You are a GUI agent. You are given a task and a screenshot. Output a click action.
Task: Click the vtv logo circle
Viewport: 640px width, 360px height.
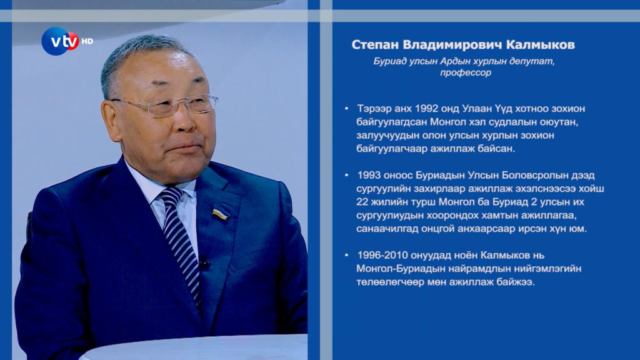[x=60, y=41]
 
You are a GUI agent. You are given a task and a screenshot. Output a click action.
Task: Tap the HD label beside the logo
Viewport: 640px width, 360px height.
[x=87, y=41]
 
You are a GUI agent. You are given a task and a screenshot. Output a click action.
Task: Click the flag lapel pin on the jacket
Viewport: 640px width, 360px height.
[x=221, y=213]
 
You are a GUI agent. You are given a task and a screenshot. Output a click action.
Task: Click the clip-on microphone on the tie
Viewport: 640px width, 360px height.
[x=204, y=262]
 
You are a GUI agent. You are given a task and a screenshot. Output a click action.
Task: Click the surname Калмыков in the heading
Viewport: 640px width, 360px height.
[x=541, y=44]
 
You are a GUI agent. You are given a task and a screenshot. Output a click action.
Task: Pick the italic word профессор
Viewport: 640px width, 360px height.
[x=465, y=72]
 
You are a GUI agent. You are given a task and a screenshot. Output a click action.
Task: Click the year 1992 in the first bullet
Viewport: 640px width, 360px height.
[x=426, y=109]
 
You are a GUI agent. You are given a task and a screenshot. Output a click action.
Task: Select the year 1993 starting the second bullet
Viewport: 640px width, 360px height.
[x=369, y=175]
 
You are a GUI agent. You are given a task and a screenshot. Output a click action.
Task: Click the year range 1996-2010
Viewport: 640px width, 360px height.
[x=382, y=255]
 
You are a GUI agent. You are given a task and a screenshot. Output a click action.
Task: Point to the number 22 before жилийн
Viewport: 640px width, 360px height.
[x=362, y=202]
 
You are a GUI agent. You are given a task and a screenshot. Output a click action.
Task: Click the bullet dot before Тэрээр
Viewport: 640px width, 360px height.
[x=346, y=109]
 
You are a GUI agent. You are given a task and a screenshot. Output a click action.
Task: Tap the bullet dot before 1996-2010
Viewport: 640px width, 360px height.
[x=346, y=255]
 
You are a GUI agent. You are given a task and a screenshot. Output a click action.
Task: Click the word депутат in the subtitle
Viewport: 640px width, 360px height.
[x=537, y=61]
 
